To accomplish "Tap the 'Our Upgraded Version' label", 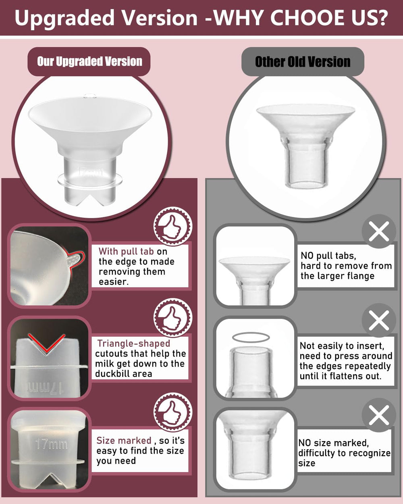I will pyautogui.click(x=89, y=62).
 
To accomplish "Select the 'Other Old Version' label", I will pyautogui.click(x=303, y=62).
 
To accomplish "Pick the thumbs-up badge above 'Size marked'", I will pyautogui.click(x=173, y=412).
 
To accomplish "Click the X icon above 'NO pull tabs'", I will pyautogui.click(x=378, y=231).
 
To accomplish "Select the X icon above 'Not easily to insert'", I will pyautogui.click(x=378, y=321).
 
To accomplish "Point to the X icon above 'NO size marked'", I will pyautogui.click(x=378, y=415).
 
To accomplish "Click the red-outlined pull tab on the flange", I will pyautogui.click(x=74, y=258).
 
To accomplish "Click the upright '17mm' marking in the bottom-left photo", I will pyautogui.click(x=51, y=444).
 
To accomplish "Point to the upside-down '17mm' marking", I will pyautogui.click(x=44, y=388).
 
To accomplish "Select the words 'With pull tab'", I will pyautogui.click(x=126, y=252).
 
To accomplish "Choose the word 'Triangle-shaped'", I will pyautogui.click(x=133, y=344).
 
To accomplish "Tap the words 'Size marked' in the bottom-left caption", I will pyautogui.click(x=124, y=441).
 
